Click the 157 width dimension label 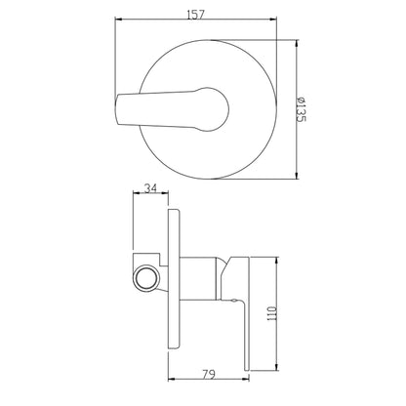[x=196, y=15]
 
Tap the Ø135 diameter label [x=302, y=109]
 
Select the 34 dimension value [x=150, y=188]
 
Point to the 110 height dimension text [x=272, y=313]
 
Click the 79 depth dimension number [x=209, y=375]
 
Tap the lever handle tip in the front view [x=118, y=109]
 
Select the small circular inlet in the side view [x=146, y=279]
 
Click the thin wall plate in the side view [x=174, y=279]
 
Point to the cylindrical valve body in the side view [x=198, y=278]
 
